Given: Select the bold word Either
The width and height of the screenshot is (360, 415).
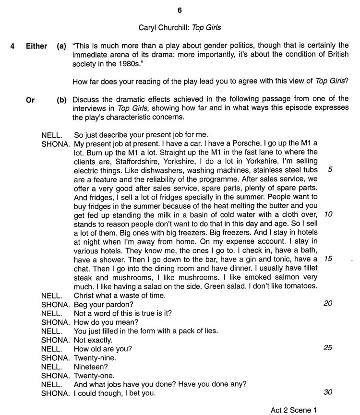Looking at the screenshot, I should (36, 47).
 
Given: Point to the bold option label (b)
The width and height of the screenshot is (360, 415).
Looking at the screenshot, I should (61, 99).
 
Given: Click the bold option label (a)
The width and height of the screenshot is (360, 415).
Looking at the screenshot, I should (61, 47).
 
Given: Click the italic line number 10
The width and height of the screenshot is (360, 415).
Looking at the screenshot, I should (328, 214).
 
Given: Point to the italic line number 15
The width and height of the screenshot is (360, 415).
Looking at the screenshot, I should (328, 258).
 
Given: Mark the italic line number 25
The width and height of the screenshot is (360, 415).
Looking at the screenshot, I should (328, 347).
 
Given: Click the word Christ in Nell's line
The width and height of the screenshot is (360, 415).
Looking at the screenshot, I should (85, 295).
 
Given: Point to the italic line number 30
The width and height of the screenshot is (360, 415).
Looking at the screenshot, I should (328, 392).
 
